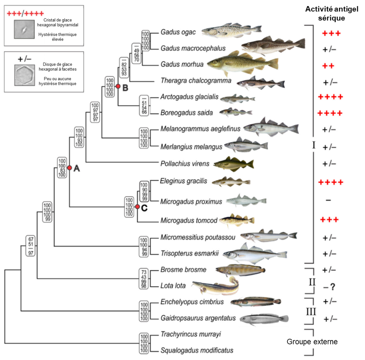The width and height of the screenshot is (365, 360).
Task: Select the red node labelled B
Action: [x=118, y=87]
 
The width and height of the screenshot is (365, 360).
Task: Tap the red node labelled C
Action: [x=137, y=207]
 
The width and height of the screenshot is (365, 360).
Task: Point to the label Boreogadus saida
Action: [x=182, y=113]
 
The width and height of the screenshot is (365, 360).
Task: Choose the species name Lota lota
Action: [x=170, y=286]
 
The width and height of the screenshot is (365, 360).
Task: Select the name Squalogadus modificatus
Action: [x=197, y=350]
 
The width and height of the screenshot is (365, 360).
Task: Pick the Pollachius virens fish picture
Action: [x=234, y=164]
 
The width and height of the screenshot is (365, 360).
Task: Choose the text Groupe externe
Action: [x=312, y=342]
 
